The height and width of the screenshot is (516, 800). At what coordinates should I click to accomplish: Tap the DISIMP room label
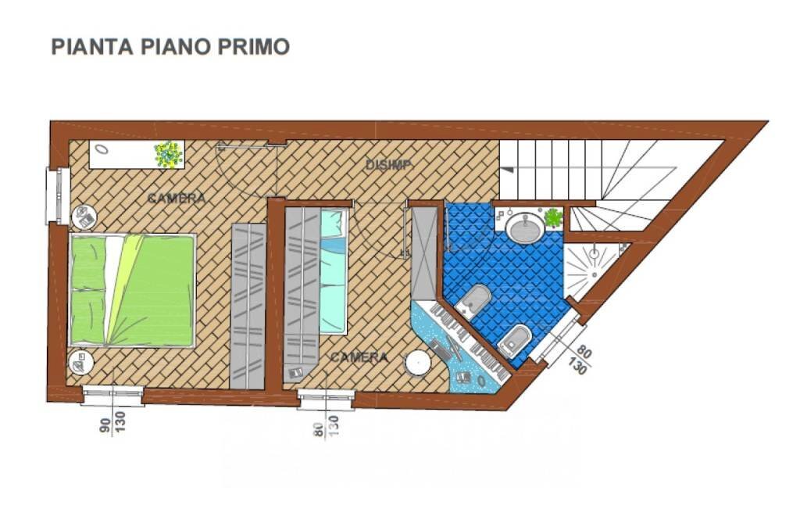[389, 164]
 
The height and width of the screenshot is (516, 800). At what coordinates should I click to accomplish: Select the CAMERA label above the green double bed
[177, 199]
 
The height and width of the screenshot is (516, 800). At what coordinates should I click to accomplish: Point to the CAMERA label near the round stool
[359, 357]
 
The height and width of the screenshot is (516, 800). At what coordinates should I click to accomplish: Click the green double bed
[132, 289]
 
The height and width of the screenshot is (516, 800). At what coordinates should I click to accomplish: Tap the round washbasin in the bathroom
[525, 228]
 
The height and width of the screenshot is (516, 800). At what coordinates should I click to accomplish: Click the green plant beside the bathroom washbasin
[553, 218]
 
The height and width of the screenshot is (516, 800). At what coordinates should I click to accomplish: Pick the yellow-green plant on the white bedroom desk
[168, 154]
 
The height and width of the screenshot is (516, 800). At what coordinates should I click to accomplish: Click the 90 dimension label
[105, 426]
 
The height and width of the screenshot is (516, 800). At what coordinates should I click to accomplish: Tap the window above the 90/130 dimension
[112, 396]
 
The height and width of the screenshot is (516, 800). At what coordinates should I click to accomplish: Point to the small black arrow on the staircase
[507, 169]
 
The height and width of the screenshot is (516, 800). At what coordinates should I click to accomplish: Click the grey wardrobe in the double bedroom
[248, 305]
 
